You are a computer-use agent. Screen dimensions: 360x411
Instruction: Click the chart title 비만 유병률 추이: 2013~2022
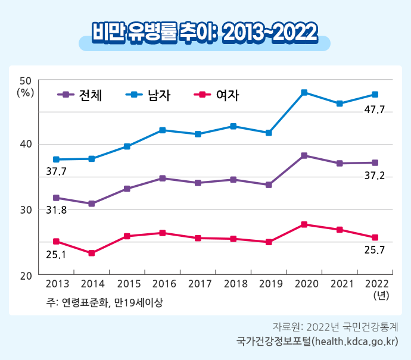click(205, 33)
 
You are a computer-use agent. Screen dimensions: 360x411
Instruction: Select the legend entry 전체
click(81, 94)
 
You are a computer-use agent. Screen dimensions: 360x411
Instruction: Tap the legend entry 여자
click(217, 94)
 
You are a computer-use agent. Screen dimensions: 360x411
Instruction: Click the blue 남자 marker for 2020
click(304, 92)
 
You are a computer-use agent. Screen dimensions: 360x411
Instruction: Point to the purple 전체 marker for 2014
click(92, 204)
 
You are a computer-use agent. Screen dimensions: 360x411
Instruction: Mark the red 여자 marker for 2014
click(92, 253)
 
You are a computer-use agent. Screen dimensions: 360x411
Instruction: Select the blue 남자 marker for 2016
click(163, 130)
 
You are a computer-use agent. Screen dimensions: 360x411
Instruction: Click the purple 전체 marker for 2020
click(304, 155)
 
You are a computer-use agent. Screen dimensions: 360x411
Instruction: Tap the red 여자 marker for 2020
click(304, 224)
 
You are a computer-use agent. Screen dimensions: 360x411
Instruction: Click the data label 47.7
click(374, 109)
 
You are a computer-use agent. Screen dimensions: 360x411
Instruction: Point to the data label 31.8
click(56, 210)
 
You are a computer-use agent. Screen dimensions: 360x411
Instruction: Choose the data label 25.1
click(56, 255)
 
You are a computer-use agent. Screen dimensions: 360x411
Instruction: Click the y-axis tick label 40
click(26, 145)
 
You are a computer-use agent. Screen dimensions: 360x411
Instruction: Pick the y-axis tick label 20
click(26, 276)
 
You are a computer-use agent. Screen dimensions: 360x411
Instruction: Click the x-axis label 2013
click(57, 284)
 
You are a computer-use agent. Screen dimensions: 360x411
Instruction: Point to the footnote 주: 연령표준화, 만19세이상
click(104, 302)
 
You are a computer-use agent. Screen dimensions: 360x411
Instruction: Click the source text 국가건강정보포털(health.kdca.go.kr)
click(316, 342)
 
